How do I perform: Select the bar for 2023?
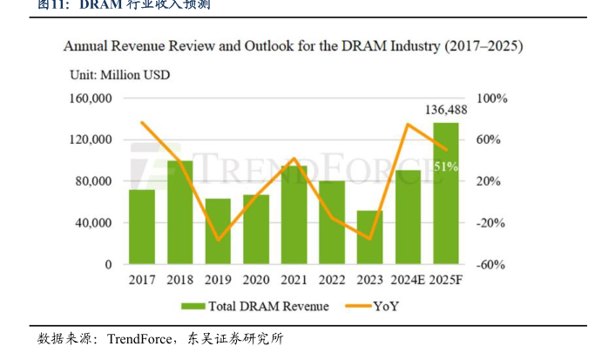[369, 237]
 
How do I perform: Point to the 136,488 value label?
[446, 110]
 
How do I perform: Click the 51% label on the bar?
[446, 166]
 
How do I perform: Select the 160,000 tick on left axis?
[91, 98]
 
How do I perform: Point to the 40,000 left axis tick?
[94, 222]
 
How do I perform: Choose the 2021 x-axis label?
[294, 280]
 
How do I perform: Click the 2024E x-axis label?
[407, 280]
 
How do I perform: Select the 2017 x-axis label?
[142, 280]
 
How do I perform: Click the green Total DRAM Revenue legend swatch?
[193, 306]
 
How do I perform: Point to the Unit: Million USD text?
[119, 74]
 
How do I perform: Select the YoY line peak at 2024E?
[408, 124]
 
